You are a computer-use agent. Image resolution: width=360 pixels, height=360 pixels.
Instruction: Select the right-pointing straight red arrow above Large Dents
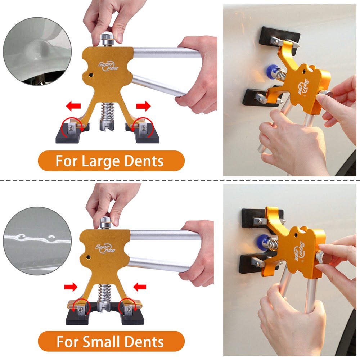[x=143, y=106]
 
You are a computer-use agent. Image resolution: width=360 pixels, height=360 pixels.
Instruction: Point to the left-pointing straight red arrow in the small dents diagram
[x=140, y=287]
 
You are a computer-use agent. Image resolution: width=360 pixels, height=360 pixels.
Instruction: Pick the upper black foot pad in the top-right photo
[x=280, y=35]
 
